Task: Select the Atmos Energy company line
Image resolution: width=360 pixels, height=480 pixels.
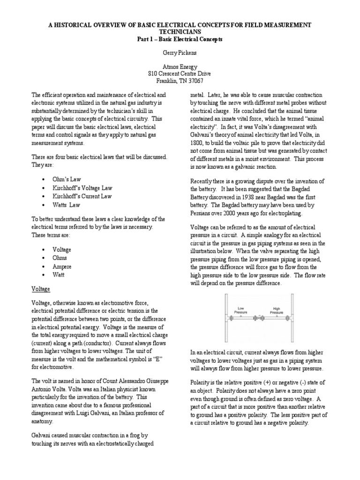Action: [180, 67]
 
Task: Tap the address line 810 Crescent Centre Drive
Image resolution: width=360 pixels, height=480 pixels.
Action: [180, 74]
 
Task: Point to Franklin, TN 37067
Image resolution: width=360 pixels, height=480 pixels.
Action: [180, 81]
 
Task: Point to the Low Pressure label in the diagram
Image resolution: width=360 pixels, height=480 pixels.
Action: [240, 310]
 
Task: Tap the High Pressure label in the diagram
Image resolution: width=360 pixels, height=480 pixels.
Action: [277, 310]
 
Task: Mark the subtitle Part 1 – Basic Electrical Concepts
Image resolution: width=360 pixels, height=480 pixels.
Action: [180, 39]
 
